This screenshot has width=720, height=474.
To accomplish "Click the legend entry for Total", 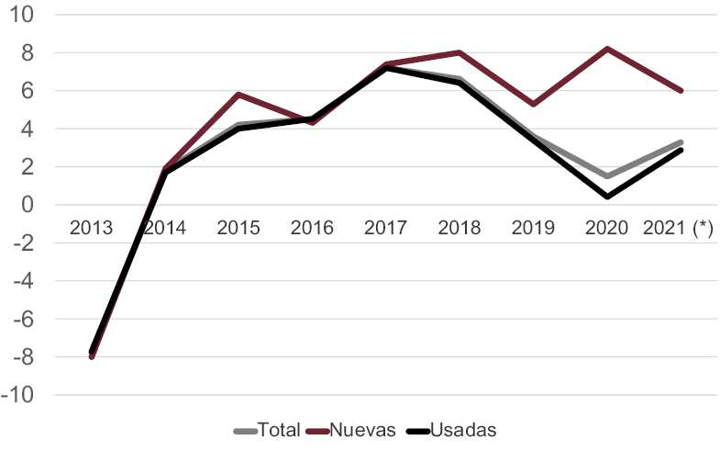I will click(267, 430).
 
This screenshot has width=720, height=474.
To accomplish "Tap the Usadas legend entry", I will click(450, 430).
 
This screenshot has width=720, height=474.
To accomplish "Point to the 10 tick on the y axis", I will click(23, 16).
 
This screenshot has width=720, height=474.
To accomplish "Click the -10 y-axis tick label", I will click(19, 395).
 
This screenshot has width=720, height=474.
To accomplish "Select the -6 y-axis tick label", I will click(22, 319).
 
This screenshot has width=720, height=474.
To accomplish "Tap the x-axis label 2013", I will click(92, 227).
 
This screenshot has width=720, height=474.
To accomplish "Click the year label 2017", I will click(385, 227).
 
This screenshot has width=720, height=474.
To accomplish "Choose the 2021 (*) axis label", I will click(679, 227).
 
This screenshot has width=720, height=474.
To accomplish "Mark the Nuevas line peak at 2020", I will click(605, 49).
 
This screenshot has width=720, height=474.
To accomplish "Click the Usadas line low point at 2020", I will click(605, 197).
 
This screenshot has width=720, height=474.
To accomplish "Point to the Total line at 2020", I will click(605, 176).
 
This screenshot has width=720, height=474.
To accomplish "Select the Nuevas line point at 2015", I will click(238, 94).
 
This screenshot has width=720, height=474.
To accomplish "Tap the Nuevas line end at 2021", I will click(681, 91).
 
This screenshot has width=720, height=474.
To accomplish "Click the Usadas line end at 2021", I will click(681, 150).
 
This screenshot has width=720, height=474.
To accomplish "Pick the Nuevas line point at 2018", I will click(459, 52).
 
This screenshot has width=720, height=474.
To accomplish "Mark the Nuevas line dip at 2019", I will click(532, 104).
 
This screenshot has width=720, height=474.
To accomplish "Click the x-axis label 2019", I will click(532, 227).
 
